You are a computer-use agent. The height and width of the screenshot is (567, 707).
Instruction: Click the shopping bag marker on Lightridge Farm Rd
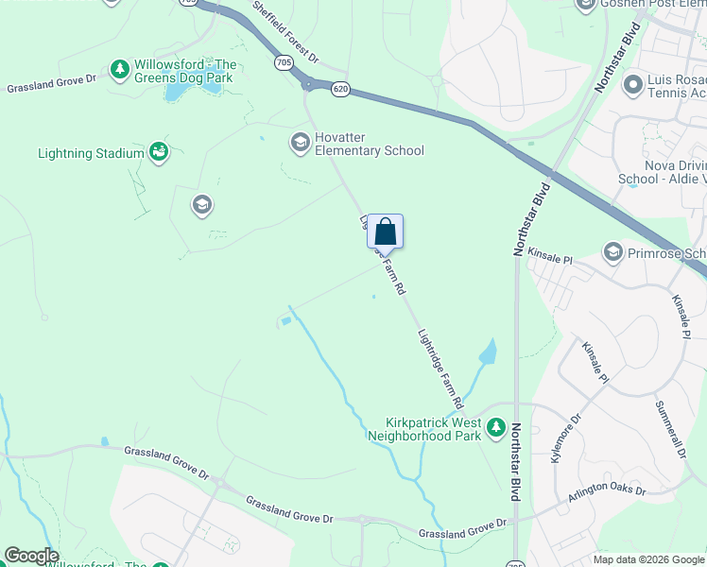tap(385, 231)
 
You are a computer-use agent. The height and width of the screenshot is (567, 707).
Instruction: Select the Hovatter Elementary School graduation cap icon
tap(300, 143)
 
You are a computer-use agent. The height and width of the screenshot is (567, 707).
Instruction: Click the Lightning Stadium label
tap(91, 153)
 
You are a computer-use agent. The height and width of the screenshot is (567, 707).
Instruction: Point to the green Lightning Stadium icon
tap(159, 152)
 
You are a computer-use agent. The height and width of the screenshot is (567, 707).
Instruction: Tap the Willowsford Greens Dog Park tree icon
tap(119, 69)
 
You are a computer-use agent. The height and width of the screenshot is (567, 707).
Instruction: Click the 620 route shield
tap(341, 88)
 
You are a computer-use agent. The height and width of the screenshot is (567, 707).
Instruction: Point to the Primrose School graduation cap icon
tap(612, 252)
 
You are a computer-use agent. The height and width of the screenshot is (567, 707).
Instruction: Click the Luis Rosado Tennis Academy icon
tap(633, 86)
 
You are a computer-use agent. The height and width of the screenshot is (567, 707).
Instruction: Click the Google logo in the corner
tap(31, 556)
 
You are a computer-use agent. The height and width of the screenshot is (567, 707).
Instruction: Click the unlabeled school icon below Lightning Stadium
tap(200, 204)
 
